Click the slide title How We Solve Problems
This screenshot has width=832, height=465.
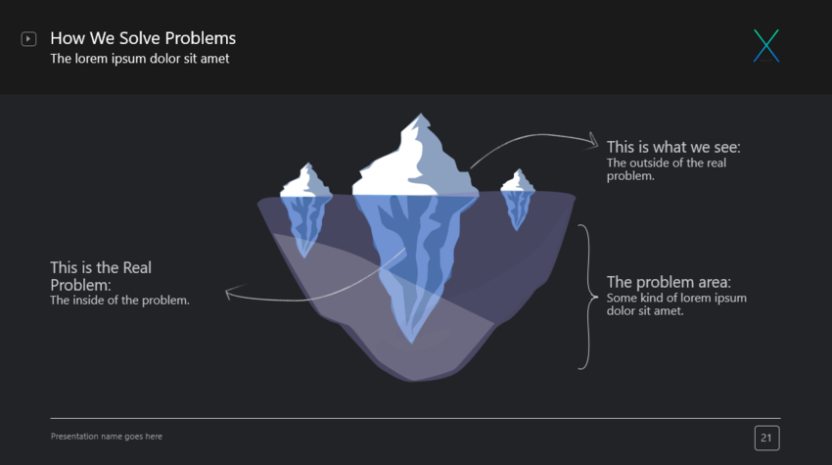click(143, 38)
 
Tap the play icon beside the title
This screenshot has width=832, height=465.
click(28, 39)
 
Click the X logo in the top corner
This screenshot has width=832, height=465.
click(766, 46)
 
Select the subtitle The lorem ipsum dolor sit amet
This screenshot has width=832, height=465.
click(140, 59)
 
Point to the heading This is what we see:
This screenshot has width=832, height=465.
click(673, 147)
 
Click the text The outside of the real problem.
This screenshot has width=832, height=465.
click(667, 169)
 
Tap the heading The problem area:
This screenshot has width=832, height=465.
click(669, 282)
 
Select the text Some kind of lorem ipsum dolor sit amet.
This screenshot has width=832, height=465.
click(676, 304)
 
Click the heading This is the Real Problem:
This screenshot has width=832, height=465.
click(101, 275)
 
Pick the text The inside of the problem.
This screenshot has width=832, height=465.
click(119, 301)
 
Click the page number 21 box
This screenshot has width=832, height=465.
click(766, 438)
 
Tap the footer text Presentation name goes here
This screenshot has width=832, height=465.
click(107, 437)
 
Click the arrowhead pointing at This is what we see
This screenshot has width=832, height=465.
click(592, 143)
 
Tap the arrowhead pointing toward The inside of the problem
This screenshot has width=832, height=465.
click(229, 291)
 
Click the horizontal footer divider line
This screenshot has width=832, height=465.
click(415, 419)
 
